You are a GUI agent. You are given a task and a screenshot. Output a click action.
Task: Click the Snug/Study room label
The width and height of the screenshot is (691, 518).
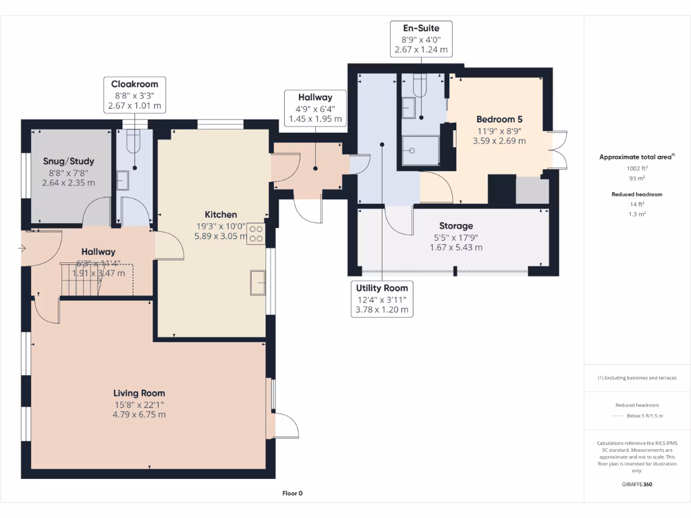click(69, 161)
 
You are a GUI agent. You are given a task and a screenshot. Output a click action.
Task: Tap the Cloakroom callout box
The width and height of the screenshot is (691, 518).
click(134, 94)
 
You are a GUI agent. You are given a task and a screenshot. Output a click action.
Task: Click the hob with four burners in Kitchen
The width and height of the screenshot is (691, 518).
click(256, 233)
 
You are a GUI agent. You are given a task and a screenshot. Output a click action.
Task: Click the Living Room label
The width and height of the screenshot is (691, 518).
click(139, 393)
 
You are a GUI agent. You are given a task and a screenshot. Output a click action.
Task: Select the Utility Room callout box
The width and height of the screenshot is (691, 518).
click(382, 299)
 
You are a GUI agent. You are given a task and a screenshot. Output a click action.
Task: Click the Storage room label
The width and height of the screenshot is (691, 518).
click(456, 226)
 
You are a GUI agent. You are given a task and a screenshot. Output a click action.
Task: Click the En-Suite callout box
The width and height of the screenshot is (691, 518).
click(421, 38)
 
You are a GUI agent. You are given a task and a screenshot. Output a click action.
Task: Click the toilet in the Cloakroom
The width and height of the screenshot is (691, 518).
click(133, 139)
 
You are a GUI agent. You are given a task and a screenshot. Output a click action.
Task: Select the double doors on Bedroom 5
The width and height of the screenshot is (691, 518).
click(557, 148)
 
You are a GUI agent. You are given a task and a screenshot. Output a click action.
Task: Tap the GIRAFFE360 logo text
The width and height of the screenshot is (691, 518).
click(636, 484)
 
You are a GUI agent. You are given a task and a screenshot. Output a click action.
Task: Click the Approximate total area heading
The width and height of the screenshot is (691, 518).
click(636, 156)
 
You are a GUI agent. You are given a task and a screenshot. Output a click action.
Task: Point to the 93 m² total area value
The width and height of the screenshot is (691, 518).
click(635, 178)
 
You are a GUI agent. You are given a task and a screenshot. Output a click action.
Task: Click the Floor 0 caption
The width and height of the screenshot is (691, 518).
click(292, 493)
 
